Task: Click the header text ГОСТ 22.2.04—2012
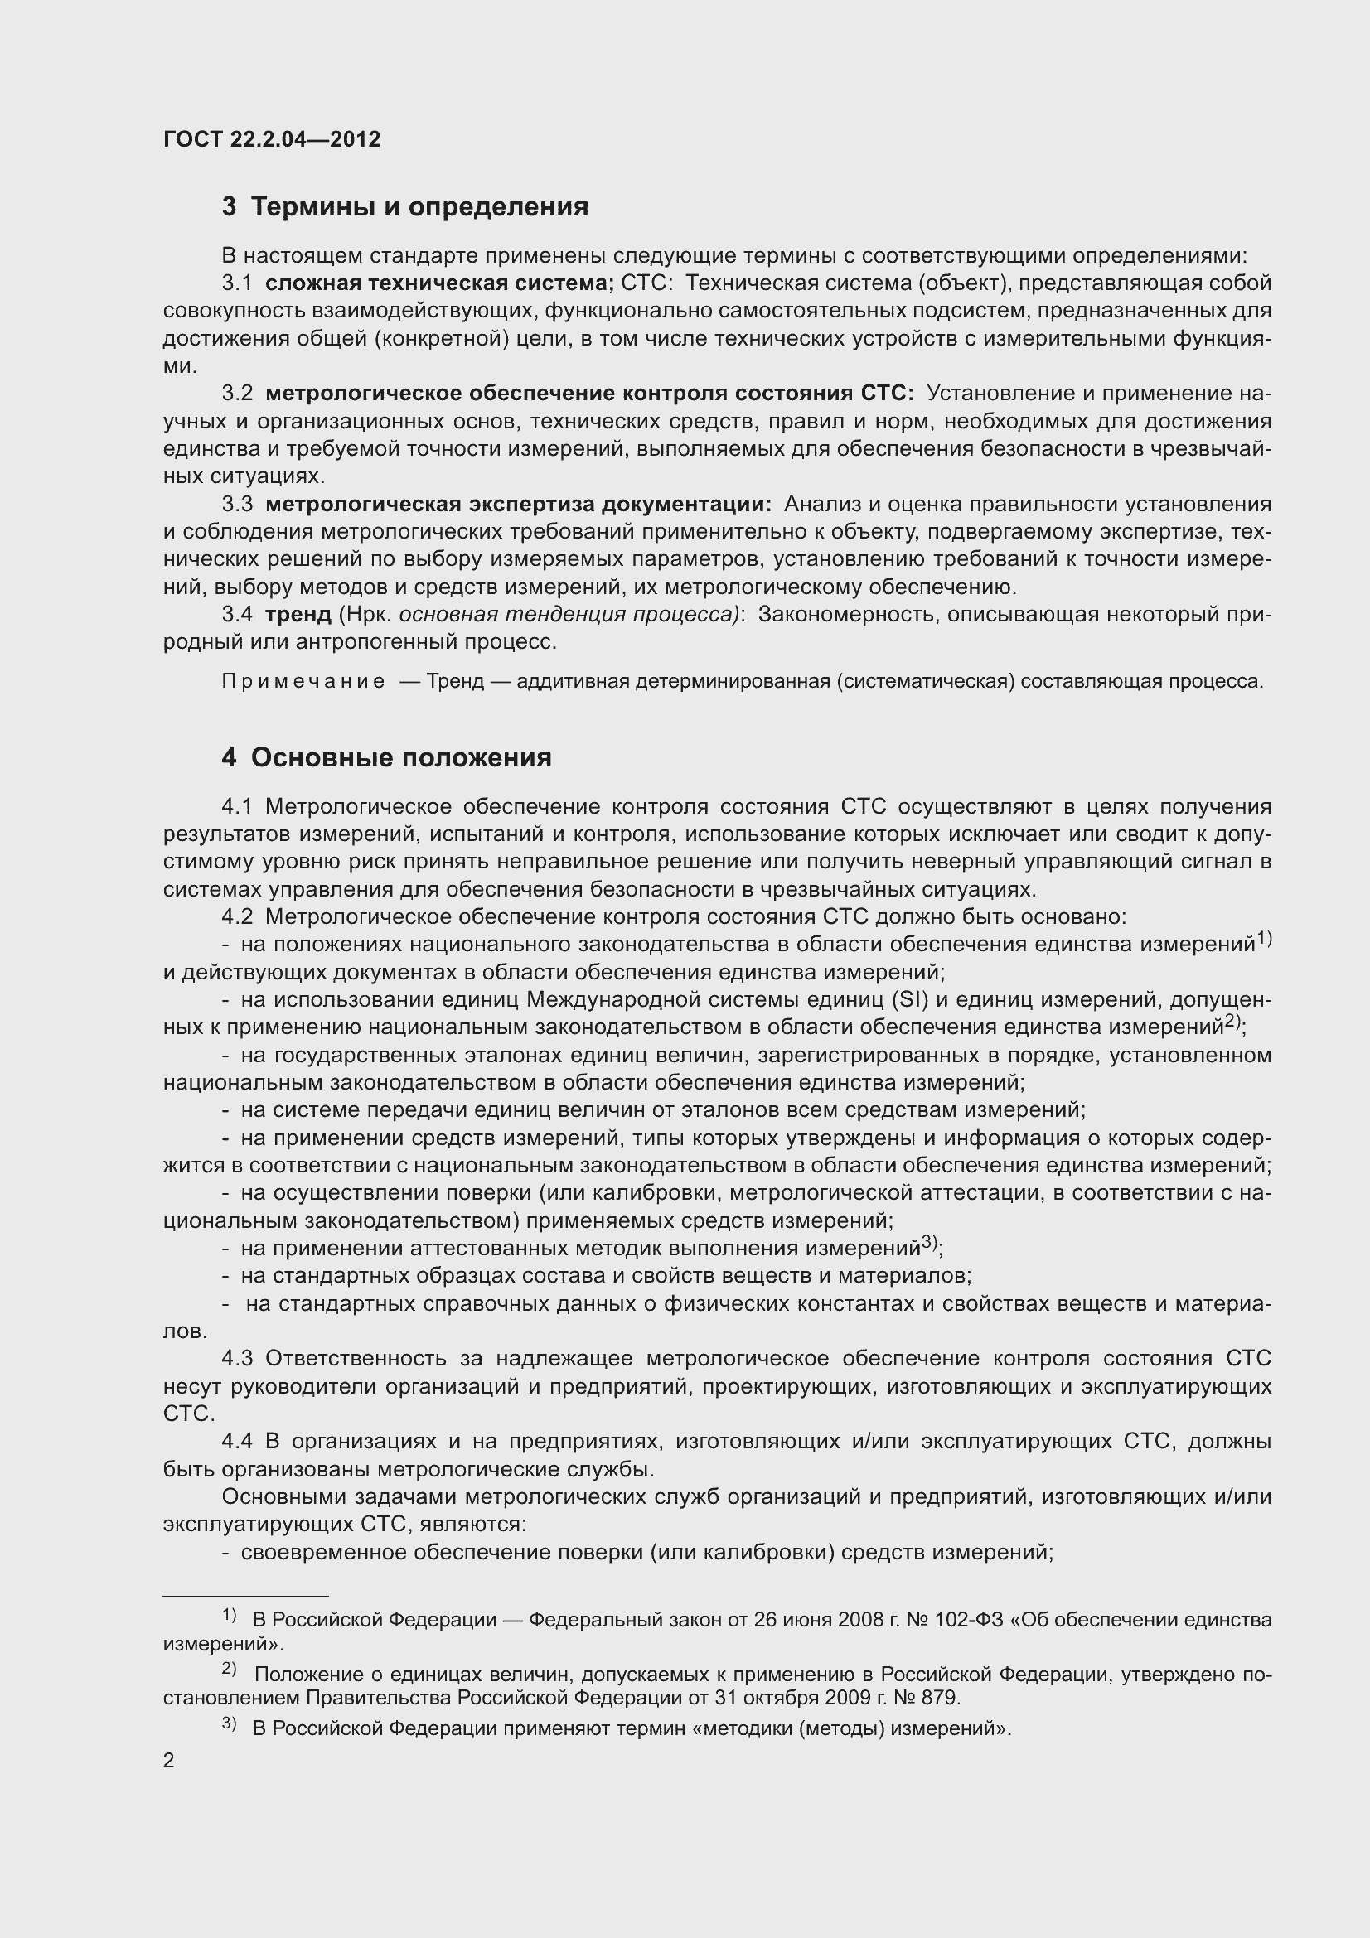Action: click(272, 139)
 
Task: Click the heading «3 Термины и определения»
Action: click(405, 207)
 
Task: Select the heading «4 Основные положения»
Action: click(386, 758)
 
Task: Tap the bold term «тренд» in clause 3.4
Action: click(298, 615)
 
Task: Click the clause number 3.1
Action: click(237, 283)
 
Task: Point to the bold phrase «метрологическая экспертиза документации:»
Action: click(518, 505)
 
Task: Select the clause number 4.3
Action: click(237, 1359)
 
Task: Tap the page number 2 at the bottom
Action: click(169, 1761)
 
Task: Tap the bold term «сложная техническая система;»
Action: click(440, 283)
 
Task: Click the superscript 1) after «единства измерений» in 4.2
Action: click(1264, 938)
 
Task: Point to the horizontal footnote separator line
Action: click(244, 1597)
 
